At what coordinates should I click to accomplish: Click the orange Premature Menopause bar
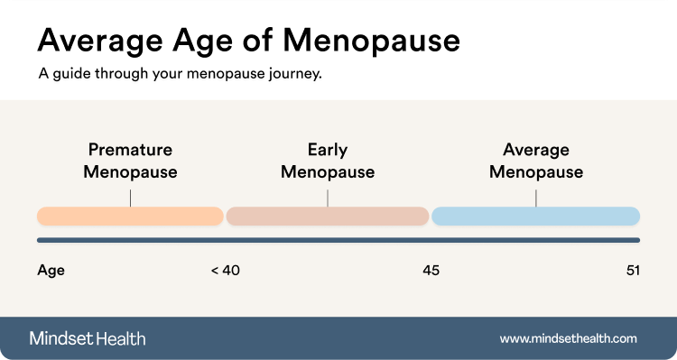[x=130, y=216]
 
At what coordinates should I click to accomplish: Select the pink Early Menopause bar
[x=327, y=216]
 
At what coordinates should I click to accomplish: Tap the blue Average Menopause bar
[x=536, y=216]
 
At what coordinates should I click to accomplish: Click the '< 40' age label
[x=225, y=270]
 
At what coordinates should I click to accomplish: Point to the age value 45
[x=431, y=270]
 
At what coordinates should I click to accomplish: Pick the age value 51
[x=632, y=270]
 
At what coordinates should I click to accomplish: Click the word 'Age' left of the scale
[x=51, y=270]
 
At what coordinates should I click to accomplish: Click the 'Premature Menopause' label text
[x=130, y=161]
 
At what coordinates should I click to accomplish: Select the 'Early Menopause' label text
[x=327, y=161]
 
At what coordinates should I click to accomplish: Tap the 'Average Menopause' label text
[x=536, y=161]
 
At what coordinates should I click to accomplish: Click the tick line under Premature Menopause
[x=130, y=197]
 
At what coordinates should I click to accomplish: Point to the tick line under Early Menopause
[x=328, y=197]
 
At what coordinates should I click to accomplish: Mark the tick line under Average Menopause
[x=536, y=197]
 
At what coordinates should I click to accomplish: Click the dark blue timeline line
[x=338, y=240]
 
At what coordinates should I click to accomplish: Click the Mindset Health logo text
[x=88, y=338]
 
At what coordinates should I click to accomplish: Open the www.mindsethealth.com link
[x=569, y=338]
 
